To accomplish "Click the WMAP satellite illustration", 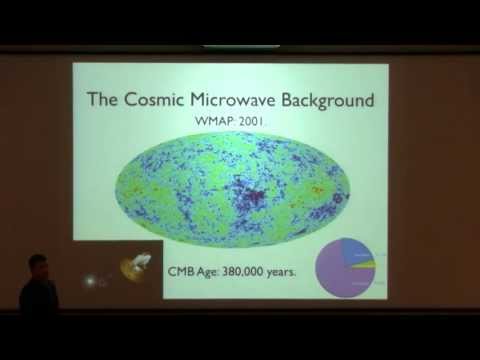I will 131,267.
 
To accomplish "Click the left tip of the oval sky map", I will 116,186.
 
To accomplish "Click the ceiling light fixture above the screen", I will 241,46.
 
